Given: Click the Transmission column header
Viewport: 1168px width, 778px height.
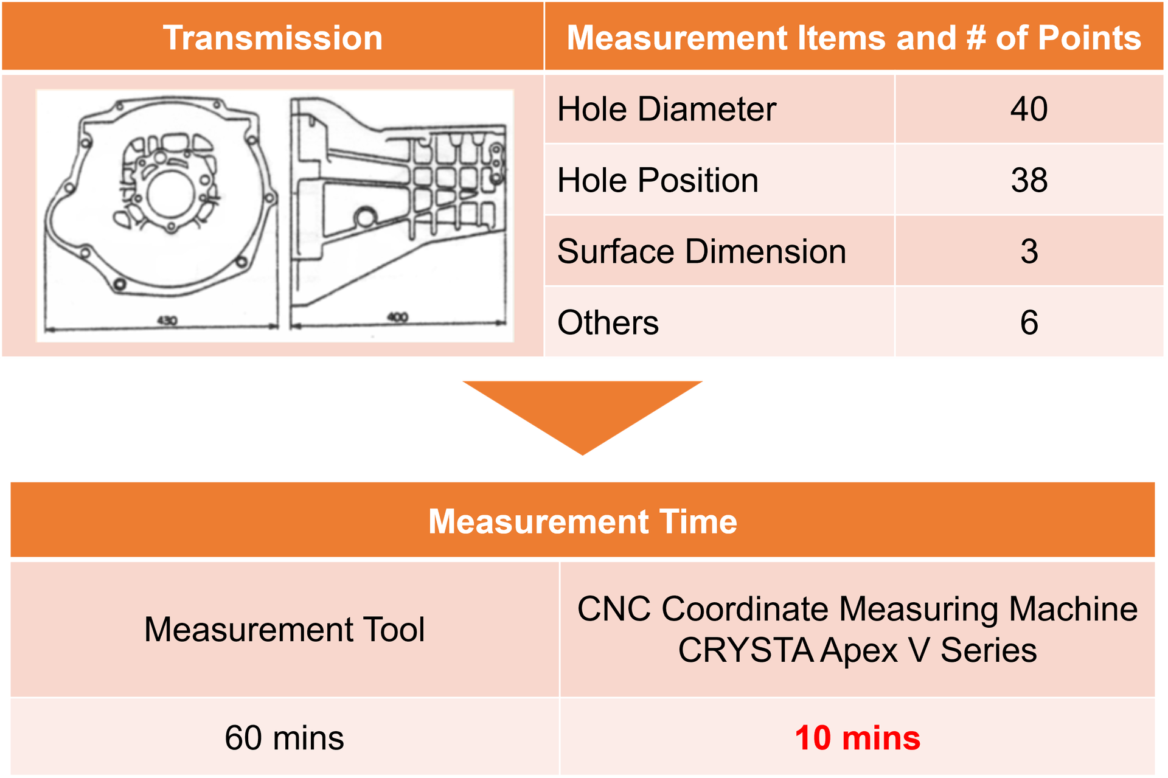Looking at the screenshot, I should pos(273,38).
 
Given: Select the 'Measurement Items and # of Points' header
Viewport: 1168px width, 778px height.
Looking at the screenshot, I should pos(853,38).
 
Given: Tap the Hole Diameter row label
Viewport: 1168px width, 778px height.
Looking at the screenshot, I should pos(666,109).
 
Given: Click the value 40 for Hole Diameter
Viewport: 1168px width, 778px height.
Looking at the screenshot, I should pos(1029,109).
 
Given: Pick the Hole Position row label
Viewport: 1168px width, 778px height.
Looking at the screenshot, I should pos(658,181).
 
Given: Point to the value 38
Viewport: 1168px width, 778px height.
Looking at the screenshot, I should pos(1029,181).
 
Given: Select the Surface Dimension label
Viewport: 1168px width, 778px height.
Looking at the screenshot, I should pos(701,252).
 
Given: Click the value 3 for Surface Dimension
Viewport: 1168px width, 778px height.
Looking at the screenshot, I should pos(1029,252).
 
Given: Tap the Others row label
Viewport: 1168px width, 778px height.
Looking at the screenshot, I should pos(608,323).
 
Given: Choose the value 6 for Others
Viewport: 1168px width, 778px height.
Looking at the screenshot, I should pos(1029,323).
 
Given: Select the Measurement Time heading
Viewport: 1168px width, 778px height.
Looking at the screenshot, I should pos(582,522).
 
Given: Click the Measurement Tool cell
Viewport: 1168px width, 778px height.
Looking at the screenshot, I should pos(284,629).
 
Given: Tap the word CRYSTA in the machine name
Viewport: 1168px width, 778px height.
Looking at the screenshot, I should pos(746,650).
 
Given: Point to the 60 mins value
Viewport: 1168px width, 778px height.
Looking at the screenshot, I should pos(284,738).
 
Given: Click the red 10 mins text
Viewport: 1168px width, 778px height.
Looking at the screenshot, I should pos(857,738).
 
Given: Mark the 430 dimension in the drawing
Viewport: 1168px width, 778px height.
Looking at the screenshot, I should pos(167,320).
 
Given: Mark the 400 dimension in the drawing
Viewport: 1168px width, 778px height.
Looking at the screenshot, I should pos(397,317).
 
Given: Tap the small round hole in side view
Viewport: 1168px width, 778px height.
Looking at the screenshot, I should pos(366,217).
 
